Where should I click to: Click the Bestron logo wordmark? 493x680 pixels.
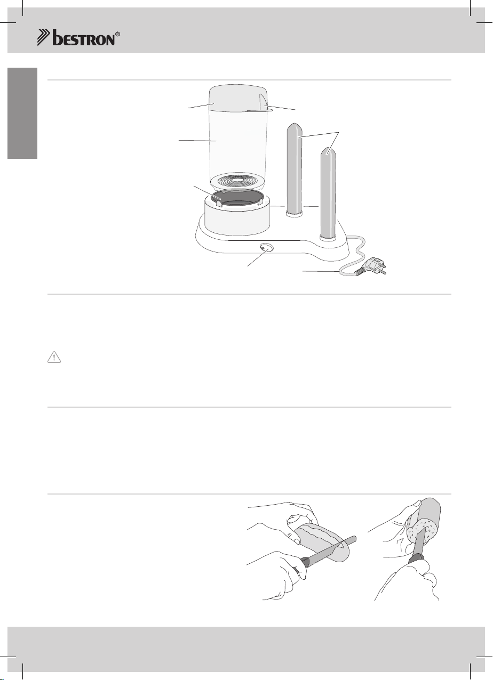[84, 38]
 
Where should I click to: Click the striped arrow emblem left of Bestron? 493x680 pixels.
[44, 37]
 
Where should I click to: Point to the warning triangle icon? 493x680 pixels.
[54, 357]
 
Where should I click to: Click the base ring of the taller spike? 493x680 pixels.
[294, 213]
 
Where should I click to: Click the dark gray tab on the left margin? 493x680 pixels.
[22, 113]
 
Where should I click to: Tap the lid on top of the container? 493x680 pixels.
[238, 98]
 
